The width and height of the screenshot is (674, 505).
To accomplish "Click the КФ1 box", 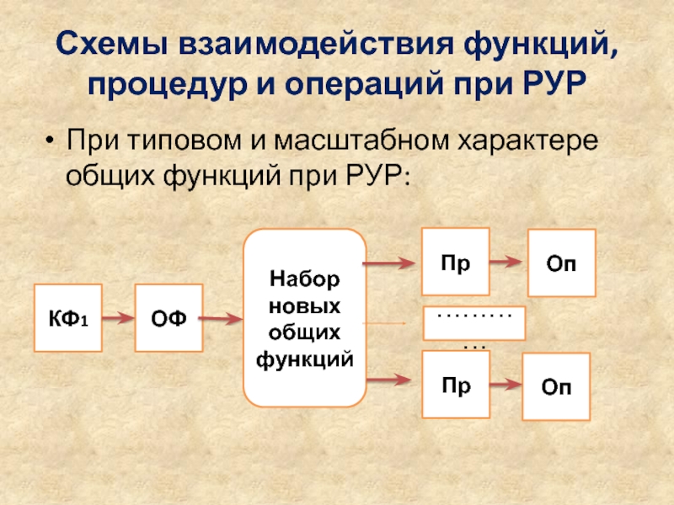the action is [66, 317].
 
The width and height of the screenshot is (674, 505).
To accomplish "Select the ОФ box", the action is [168, 317].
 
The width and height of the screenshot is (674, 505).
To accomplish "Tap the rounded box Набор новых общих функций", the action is [304, 317].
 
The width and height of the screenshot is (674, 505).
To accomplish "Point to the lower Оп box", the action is [556, 386].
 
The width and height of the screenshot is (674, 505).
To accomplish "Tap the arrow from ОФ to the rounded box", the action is [222, 317].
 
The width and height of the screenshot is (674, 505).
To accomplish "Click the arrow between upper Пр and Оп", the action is [507, 262].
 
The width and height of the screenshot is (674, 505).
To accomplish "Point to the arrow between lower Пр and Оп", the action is [505, 385].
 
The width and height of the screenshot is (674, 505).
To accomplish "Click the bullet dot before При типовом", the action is [51, 139].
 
